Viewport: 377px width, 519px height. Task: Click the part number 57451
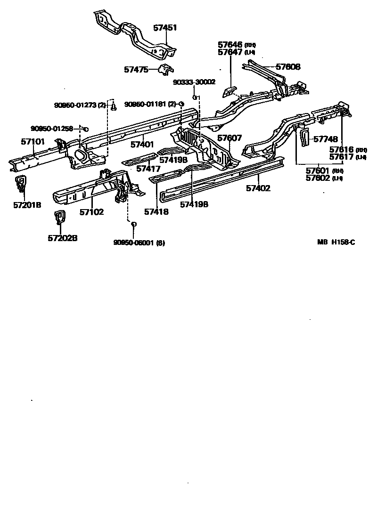point(165,28)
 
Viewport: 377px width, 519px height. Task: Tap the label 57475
point(136,70)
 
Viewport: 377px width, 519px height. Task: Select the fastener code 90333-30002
point(194,82)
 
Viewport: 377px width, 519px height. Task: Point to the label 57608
point(288,67)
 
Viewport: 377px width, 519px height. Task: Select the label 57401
point(142,145)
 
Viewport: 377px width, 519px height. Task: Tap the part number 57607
point(229,138)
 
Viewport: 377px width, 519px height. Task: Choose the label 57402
point(258,188)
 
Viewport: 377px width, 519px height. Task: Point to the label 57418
point(156,212)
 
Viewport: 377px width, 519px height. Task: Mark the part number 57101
point(33,141)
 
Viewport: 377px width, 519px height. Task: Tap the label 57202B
point(62,238)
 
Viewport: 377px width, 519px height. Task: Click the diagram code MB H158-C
point(336,243)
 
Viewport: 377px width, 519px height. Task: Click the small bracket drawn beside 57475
point(165,70)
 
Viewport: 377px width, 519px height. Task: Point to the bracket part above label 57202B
point(60,218)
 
